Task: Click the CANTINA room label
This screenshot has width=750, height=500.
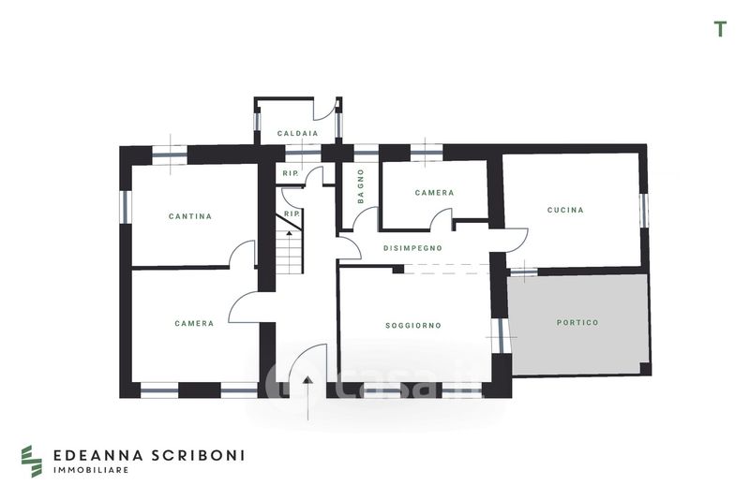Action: pyautogui.click(x=190, y=216)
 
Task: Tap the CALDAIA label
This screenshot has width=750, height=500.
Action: pyautogui.click(x=297, y=134)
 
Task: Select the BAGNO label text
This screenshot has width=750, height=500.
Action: pyautogui.click(x=361, y=186)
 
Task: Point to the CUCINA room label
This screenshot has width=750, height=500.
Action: pyautogui.click(x=565, y=210)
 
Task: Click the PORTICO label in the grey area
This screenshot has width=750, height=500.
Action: pyautogui.click(x=577, y=323)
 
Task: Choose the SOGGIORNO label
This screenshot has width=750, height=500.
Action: pyautogui.click(x=413, y=326)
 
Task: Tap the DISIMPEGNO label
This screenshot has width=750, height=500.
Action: pyautogui.click(x=412, y=248)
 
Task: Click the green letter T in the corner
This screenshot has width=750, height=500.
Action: pyautogui.click(x=720, y=29)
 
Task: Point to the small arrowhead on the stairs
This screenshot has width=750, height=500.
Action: pyautogui.click(x=289, y=233)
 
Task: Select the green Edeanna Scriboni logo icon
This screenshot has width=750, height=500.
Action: pyautogui.click(x=32, y=462)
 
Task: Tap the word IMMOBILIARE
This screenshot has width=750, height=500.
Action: pyautogui.click(x=91, y=470)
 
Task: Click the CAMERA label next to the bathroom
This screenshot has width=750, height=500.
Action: pyautogui.click(x=434, y=193)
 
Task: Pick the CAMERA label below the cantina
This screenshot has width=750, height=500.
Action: pyautogui.click(x=194, y=323)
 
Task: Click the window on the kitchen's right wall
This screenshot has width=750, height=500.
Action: pyautogui.click(x=643, y=211)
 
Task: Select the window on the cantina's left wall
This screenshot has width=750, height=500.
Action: pyautogui.click(x=126, y=206)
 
